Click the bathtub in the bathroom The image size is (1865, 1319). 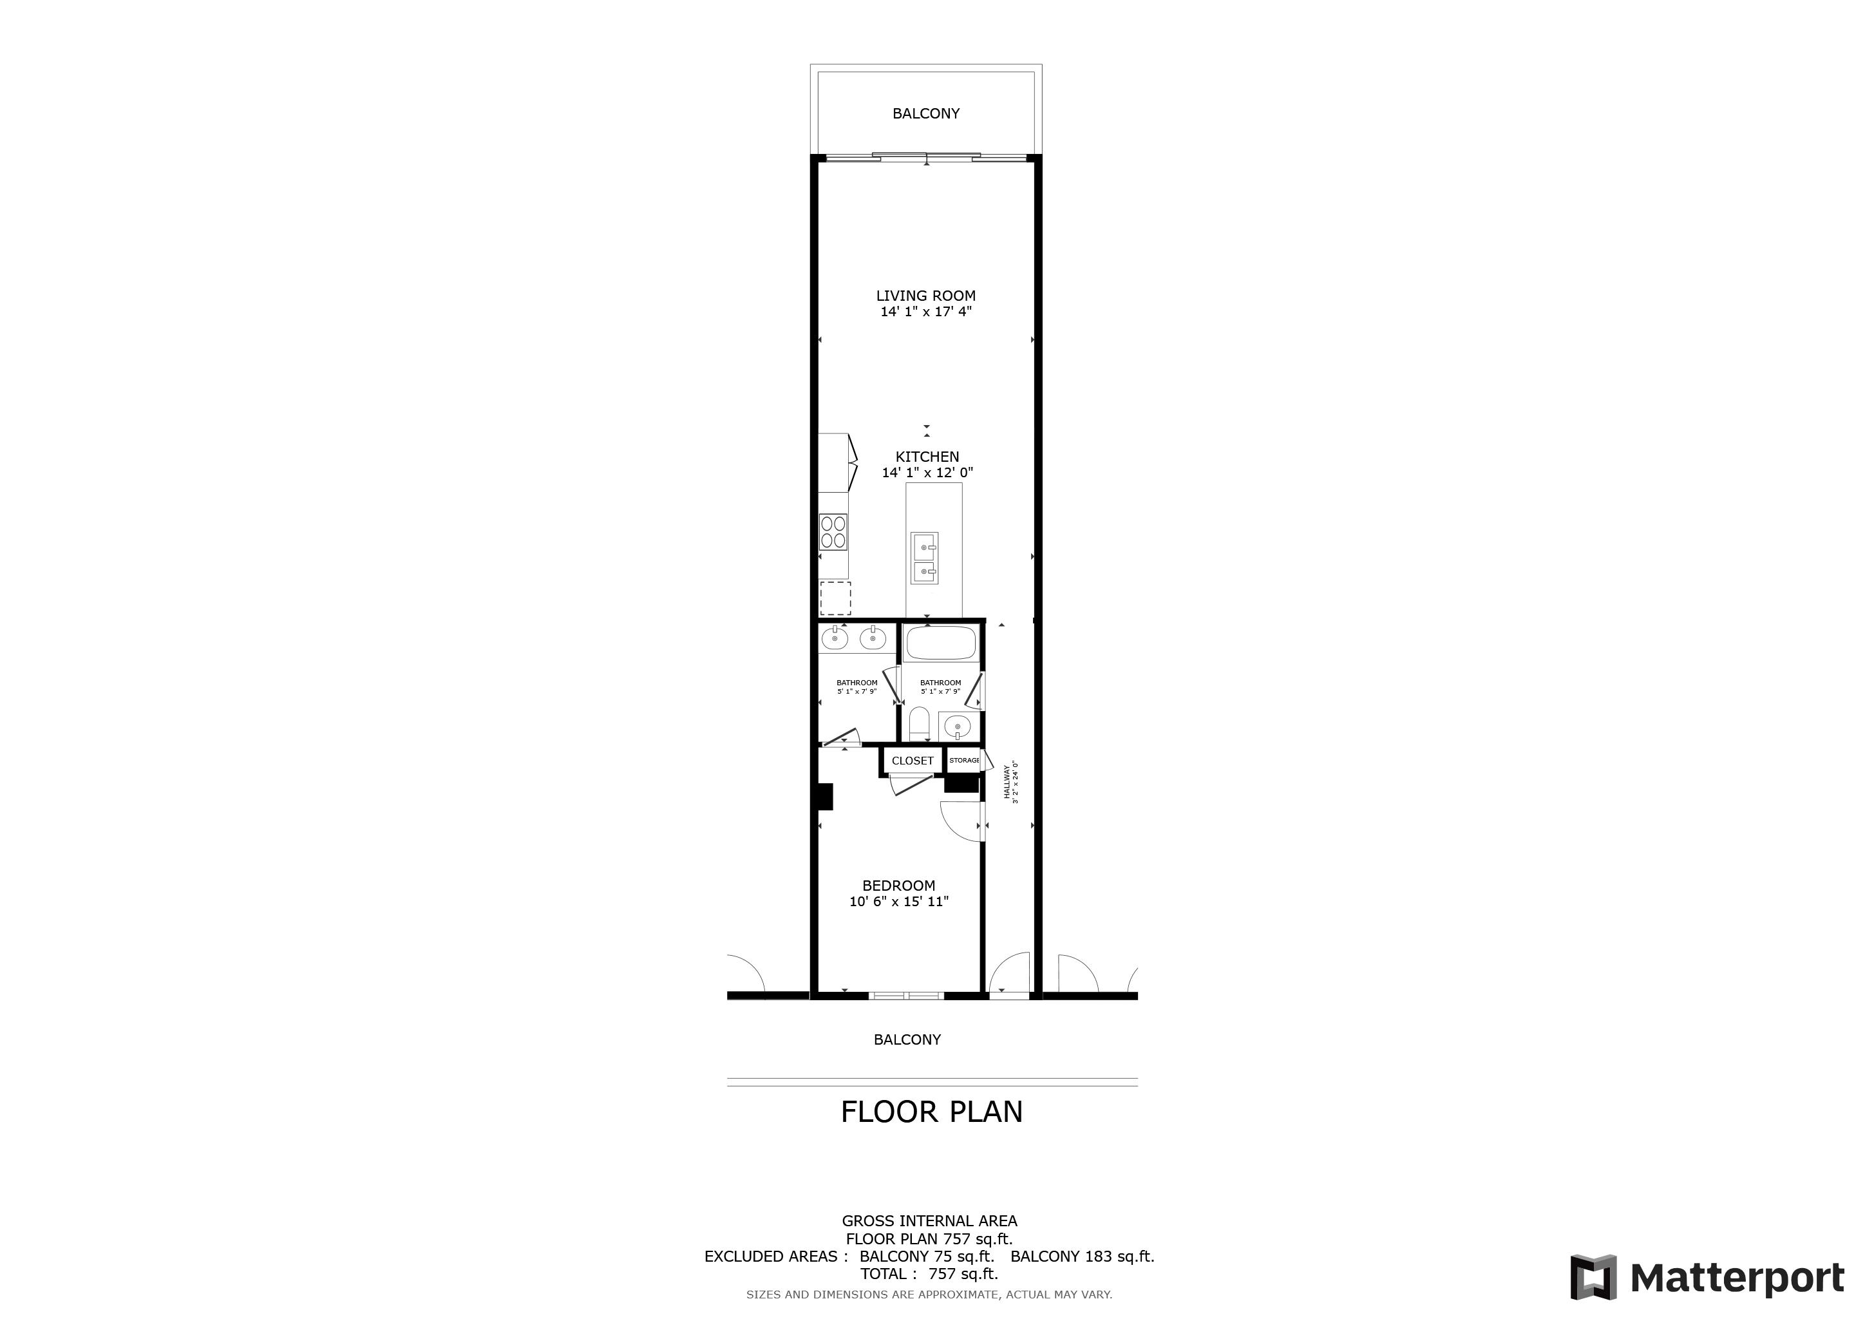pyautogui.click(x=941, y=643)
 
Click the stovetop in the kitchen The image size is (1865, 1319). pyautogui.click(x=833, y=532)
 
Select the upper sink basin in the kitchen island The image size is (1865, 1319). pyautogui.click(x=924, y=547)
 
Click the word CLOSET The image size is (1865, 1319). pyautogui.click(x=912, y=761)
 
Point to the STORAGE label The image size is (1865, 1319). pyautogui.click(x=964, y=760)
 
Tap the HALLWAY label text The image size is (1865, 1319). pyautogui.click(x=1007, y=782)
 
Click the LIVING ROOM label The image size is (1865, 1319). pyautogui.click(x=926, y=296)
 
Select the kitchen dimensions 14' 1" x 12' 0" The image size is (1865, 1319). pyautogui.click(x=927, y=473)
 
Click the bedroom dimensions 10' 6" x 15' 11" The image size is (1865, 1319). pyautogui.click(x=899, y=902)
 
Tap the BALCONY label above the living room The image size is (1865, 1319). pyautogui.click(x=926, y=114)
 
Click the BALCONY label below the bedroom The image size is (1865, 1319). pyautogui.click(x=907, y=1039)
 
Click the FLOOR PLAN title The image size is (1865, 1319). pyautogui.click(x=932, y=1112)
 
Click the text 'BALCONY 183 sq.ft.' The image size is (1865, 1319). pyautogui.click(x=1082, y=1257)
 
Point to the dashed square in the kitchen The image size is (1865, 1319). pyautogui.click(x=835, y=598)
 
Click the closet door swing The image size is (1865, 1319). pyautogui.click(x=910, y=784)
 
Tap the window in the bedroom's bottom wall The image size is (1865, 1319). pyautogui.click(x=905, y=995)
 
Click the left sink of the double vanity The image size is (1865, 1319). pyautogui.click(x=834, y=639)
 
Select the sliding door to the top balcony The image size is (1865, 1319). pyautogui.click(x=927, y=157)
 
